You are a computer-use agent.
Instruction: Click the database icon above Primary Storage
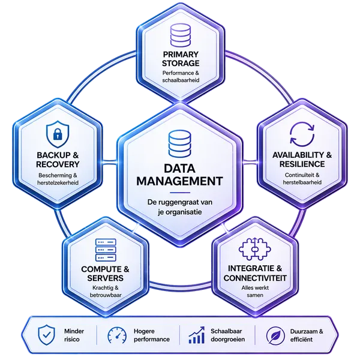181,35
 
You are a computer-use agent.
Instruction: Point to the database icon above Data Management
179,143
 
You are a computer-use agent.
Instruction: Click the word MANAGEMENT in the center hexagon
179,181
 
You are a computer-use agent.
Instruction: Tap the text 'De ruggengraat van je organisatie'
179,207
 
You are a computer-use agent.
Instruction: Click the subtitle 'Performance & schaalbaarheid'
181,77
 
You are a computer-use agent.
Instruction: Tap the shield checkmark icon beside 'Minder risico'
46,334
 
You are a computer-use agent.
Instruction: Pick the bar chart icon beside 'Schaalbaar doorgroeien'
196,334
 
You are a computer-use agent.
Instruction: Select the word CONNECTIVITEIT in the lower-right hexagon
255,278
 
